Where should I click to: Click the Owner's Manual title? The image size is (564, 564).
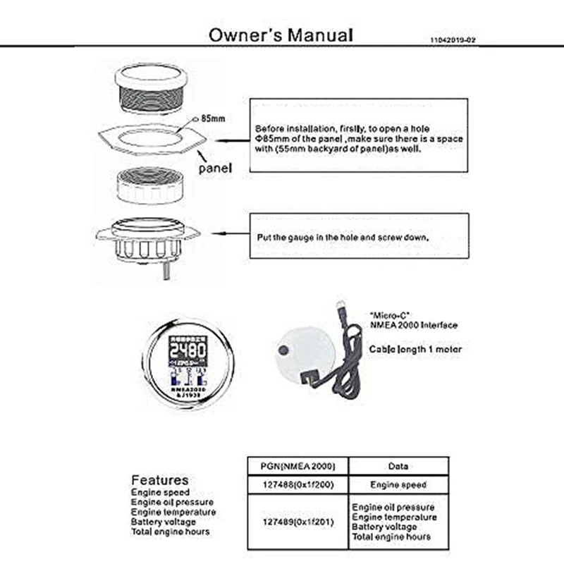coord(280,35)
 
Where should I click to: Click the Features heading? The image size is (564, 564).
coord(159,480)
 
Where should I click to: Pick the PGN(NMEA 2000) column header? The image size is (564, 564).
coord(294,466)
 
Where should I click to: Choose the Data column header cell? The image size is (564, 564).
coord(399,466)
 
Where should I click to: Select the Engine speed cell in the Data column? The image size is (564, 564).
coord(399,485)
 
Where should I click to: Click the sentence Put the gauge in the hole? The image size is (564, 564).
coord(342,238)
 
